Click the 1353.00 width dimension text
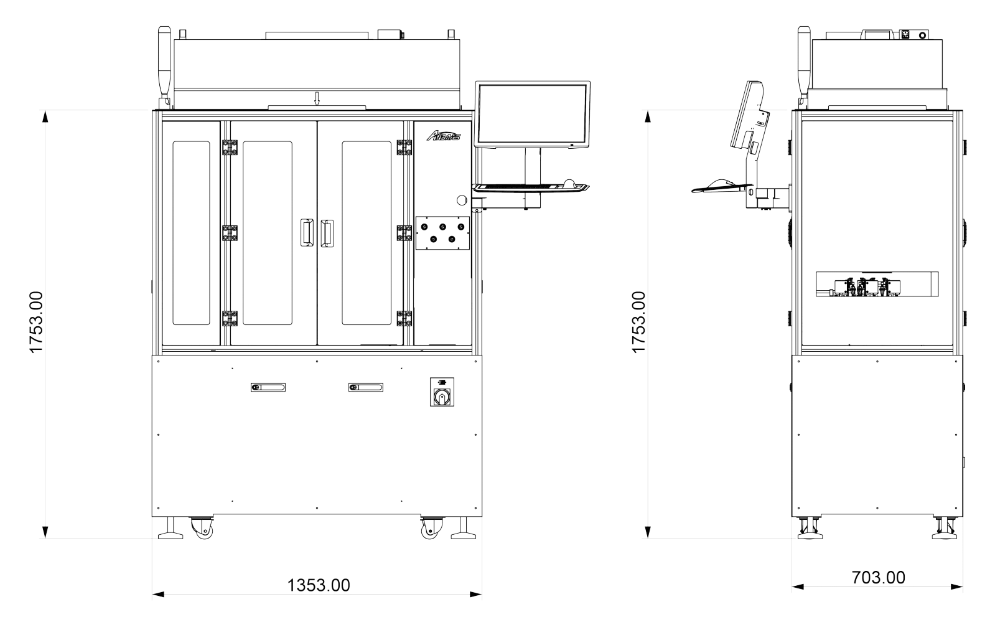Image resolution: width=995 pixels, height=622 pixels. pyautogui.click(x=319, y=585)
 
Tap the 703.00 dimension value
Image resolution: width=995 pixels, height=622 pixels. pyautogui.click(x=878, y=578)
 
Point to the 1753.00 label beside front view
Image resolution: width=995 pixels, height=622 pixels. pyautogui.click(x=36, y=323)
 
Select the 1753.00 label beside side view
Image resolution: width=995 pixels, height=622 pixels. pyautogui.click(x=638, y=323)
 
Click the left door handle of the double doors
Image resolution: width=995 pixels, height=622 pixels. pyautogui.click(x=307, y=232)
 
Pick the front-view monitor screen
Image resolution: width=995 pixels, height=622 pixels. pyautogui.click(x=533, y=115)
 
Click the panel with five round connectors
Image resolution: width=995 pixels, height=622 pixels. pyautogui.click(x=442, y=233)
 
